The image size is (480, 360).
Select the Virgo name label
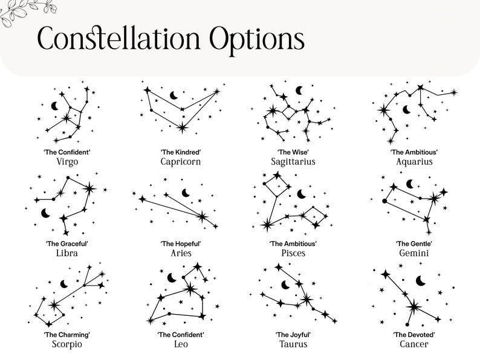point(67,162)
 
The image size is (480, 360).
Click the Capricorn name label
point(181,161)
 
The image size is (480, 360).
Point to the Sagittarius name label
point(293,161)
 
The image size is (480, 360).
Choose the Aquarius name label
point(414,161)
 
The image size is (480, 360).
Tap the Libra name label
point(67,253)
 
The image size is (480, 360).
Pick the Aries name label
point(181,253)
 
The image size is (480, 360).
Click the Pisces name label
point(293,253)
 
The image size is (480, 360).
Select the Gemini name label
point(414,253)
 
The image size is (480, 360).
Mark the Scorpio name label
point(67,344)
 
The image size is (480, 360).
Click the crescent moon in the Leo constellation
point(172,278)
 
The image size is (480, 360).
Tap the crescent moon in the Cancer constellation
point(421,280)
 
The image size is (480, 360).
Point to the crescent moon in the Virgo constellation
point(55,106)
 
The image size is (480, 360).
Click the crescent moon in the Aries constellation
point(186,193)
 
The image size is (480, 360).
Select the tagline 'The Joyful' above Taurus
point(293,335)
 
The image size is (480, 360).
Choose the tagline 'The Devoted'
point(414,335)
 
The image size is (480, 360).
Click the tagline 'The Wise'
point(293,152)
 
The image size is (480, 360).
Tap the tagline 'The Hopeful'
point(181,243)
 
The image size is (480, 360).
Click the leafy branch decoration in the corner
point(26,11)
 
